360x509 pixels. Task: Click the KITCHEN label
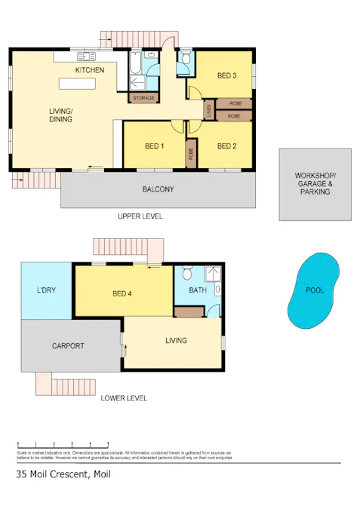point(89,70)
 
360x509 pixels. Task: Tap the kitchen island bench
point(77,83)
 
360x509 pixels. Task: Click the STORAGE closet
point(143,98)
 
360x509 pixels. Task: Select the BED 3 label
point(227,75)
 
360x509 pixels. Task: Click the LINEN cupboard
point(208,111)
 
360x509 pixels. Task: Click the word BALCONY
point(158,189)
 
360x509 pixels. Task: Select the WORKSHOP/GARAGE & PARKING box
point(315,184)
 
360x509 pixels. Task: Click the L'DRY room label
point(46,290)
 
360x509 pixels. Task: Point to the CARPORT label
point(68,346)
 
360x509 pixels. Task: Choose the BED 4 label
point(122,293)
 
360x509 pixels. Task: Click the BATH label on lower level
point(198,290)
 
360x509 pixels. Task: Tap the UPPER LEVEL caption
point(140,216)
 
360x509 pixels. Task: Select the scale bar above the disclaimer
point(63,444)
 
